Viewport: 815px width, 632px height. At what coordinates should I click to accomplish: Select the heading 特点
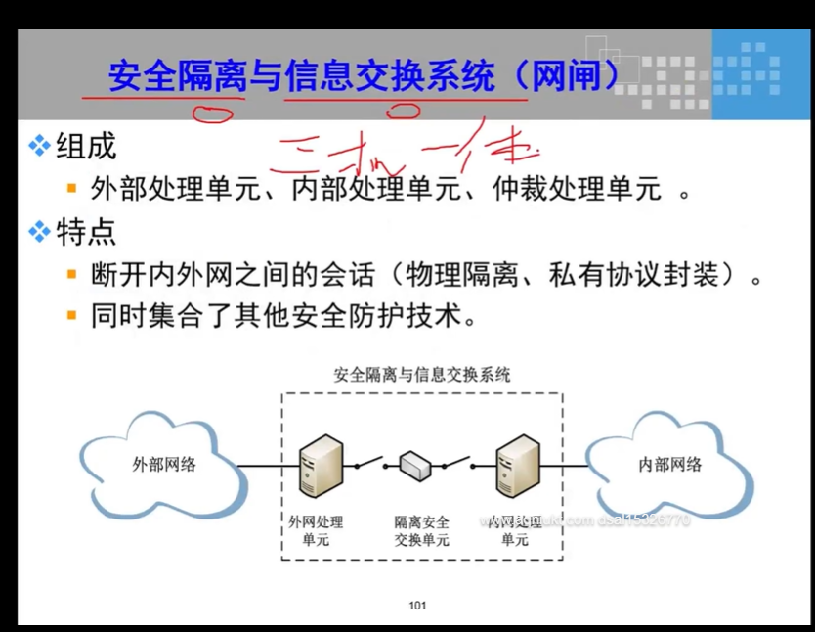pyautogui.click(x=86, y=232)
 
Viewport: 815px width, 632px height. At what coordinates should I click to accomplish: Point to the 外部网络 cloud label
pyautogui.click(x=164, y=465)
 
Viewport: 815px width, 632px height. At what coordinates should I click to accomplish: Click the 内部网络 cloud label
pyautogui.click(x=669, y=465)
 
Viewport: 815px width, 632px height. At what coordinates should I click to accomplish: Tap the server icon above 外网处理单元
pyautogui.click(x=321, y=466)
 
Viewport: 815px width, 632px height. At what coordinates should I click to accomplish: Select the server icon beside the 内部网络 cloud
pyautogui.click(x=518, y=466)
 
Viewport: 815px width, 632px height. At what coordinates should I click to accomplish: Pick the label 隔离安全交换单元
pyautogui.click(x=421, y=531)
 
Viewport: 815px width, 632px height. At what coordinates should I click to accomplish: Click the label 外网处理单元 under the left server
pyautogui.click(x=316, y=531)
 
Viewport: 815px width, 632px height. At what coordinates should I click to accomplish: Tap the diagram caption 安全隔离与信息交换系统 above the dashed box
pyautogui.click(x=421, y=375)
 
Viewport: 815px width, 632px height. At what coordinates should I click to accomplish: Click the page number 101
pyautogui.click(x=417, y=606)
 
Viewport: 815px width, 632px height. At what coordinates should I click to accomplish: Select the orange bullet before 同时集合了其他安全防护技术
pyautogui.click(x=70, y=316)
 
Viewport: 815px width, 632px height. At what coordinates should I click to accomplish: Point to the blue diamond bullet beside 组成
pyautogui.click(x=39, y=147)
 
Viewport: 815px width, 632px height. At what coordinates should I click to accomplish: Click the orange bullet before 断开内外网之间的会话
pyautogui.click(x=70, y=275)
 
